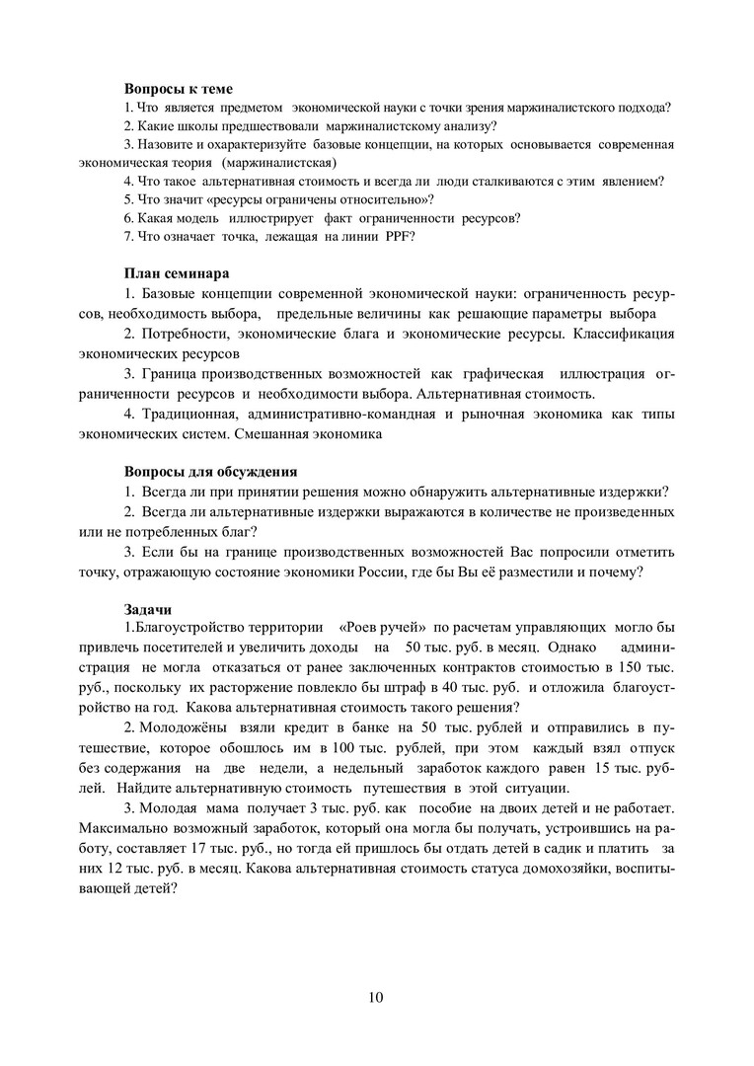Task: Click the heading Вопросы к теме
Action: pos(178,89)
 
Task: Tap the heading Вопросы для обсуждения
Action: pos(210,471)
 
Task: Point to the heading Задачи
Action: pos(148,608)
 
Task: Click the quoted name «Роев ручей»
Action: pos(381,627)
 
